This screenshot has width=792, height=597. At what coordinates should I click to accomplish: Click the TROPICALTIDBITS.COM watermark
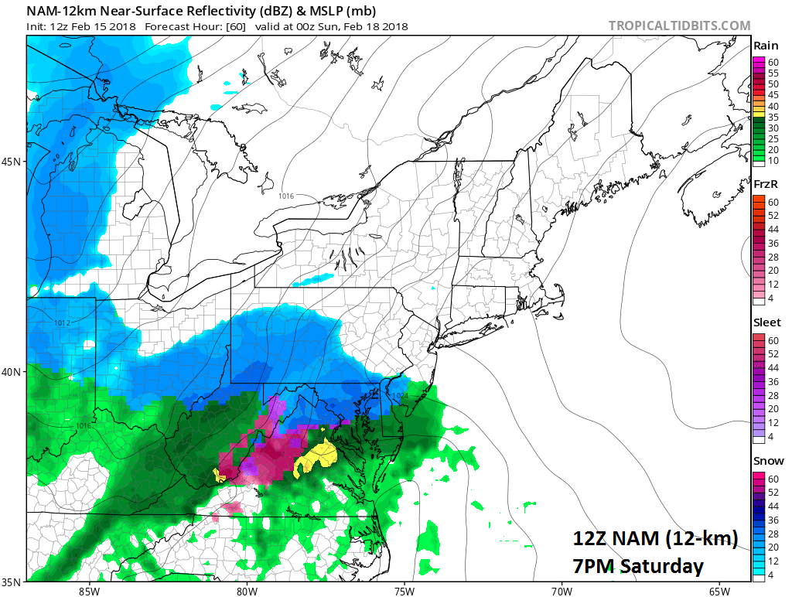click(x=679, y=26)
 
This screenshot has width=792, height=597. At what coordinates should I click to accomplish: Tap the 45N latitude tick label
click(x=13, y=162)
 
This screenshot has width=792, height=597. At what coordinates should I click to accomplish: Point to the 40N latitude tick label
click(x=13, y=371)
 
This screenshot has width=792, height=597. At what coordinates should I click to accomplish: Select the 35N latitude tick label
click(x=13, y=581)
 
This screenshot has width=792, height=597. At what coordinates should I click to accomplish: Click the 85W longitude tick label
click(x=89, y=592)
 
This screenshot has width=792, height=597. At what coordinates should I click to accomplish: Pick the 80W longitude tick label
click(x=247, y=592)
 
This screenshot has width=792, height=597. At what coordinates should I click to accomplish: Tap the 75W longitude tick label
click(x=405, y=592)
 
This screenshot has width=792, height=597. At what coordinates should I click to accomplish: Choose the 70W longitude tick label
click(x=562, y=592)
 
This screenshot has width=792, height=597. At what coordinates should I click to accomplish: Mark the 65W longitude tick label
click(x=719, y=592)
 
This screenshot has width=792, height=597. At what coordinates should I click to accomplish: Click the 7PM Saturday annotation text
click(x=638, y=566)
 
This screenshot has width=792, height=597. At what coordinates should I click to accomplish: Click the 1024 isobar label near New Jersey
click(x=399, y=396)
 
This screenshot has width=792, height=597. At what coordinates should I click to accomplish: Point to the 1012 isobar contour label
click(x=63, y=322)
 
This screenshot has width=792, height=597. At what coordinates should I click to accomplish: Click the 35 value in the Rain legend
click(x=773, y=116)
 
